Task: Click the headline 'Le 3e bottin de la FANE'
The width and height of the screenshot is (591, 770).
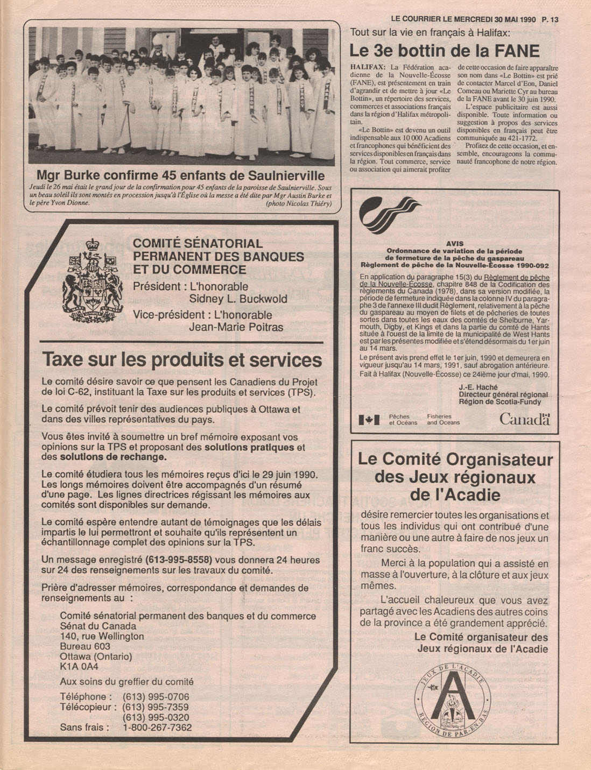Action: (444, 51)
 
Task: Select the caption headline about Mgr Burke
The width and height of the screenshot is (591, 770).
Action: (180, 175)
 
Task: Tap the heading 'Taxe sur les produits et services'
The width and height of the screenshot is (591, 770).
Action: (182, 359)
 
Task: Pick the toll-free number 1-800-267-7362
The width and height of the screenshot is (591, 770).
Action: (157, 727)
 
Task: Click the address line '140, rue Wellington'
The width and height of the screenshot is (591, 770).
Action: (102, 636)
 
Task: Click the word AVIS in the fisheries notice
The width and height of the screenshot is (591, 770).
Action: (455, 243)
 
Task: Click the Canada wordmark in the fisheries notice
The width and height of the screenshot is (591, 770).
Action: (524, 419)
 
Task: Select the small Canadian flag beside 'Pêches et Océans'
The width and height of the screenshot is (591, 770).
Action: (369, 420)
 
